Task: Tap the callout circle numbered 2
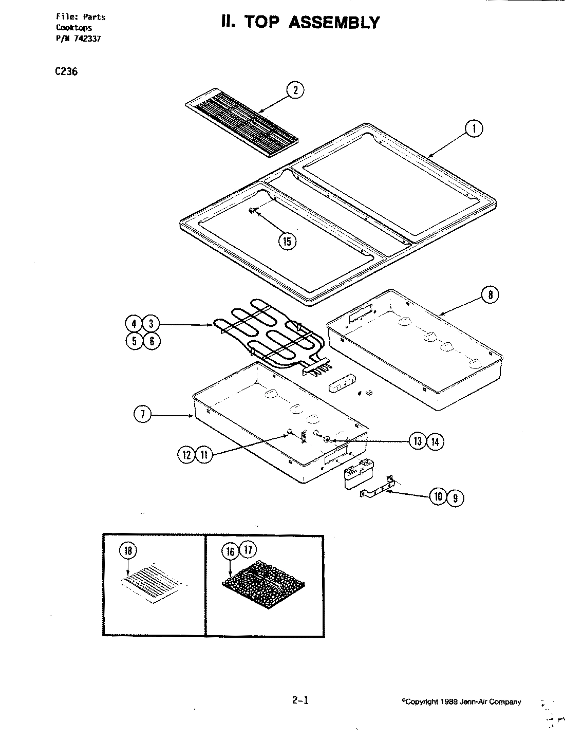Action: (295, 90)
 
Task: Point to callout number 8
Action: (490, 294)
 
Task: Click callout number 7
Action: (142, 415)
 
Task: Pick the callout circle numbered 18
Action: (128, 550)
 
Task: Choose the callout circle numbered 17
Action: (248, 550)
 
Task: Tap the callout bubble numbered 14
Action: (435, 441)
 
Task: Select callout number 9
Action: (454, 497)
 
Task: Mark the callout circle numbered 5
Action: (134, 341)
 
